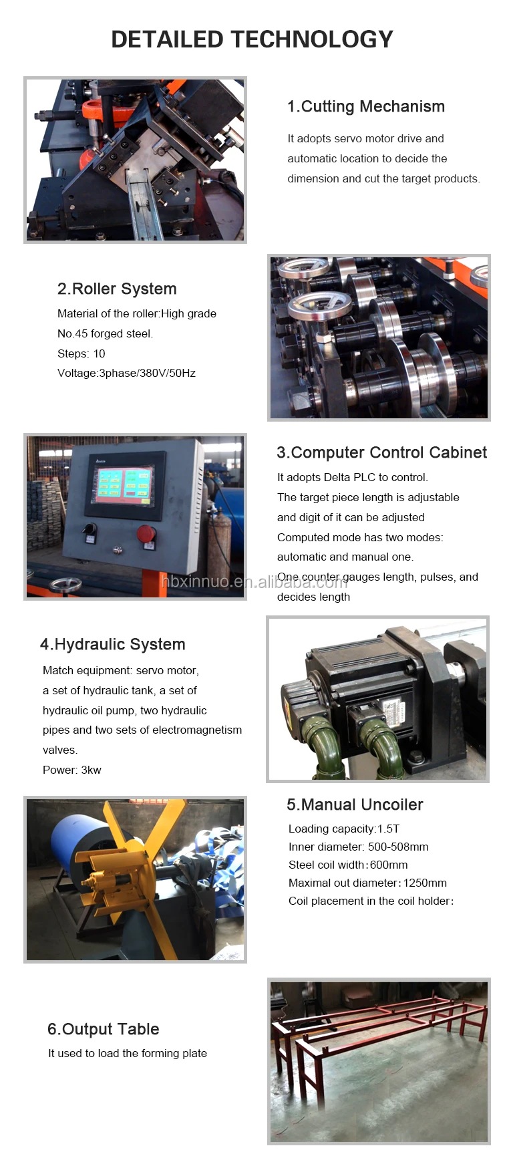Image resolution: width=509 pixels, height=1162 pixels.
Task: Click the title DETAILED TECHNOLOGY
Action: point(252,39)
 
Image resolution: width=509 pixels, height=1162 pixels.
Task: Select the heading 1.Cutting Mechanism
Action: point(366,106)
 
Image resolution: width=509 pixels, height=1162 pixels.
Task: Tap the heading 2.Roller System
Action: point(117,289)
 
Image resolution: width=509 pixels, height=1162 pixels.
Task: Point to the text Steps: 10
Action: point(81,353)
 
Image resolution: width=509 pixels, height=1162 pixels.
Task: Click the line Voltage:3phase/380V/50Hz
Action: point(126,373)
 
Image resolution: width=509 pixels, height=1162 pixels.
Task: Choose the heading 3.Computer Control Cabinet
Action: point(382,452)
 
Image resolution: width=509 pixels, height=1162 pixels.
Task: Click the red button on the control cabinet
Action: point(146,534)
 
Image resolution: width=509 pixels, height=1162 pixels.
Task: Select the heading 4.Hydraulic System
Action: point(113,644)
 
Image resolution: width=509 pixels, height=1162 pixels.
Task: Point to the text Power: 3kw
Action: point(72,770)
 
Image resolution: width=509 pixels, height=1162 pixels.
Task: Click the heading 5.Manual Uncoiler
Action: point(355,805)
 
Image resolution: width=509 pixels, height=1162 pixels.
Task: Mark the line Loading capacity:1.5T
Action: point(344,829)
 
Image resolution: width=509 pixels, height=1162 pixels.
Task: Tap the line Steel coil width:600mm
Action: point(348,865)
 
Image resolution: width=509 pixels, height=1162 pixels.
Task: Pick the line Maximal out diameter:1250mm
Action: point(367,883)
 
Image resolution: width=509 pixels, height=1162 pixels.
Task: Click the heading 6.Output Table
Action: point(104,1029)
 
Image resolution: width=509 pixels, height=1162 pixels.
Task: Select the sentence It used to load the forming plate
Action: point(128,1054)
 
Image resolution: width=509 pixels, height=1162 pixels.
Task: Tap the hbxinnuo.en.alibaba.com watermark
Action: point(254,581)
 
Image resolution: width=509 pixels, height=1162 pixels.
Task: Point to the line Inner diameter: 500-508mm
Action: point(359,847)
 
